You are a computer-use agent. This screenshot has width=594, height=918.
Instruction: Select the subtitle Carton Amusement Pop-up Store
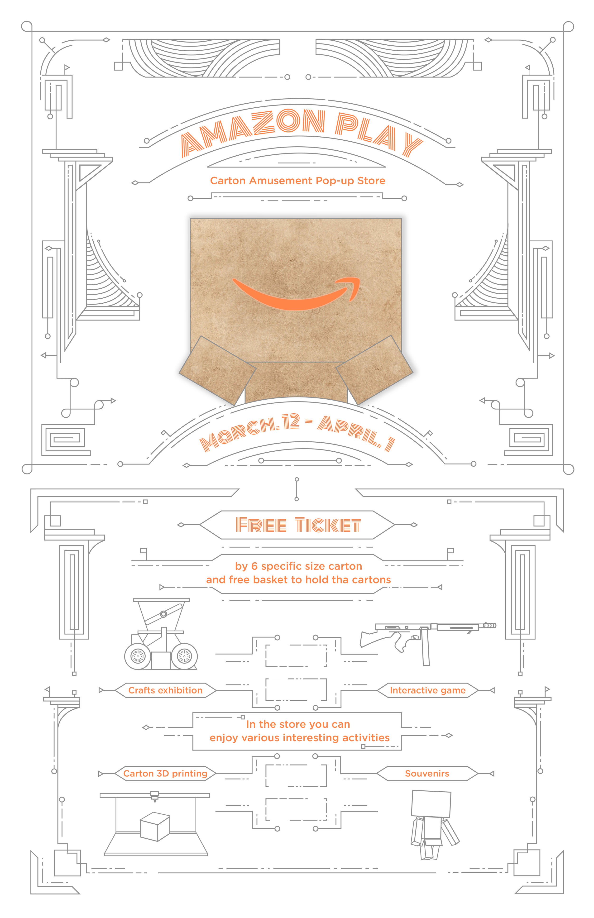[x=297, y=181]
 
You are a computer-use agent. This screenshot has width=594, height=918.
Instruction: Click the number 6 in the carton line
[x=254, y=566]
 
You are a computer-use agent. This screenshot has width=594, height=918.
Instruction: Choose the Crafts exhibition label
[x=165, y=690]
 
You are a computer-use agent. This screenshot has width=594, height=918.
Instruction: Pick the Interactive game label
[x=427, y=690]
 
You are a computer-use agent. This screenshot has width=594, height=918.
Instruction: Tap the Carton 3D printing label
[x=165, y=773]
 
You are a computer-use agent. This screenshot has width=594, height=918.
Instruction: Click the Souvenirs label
[x=427, y=773]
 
